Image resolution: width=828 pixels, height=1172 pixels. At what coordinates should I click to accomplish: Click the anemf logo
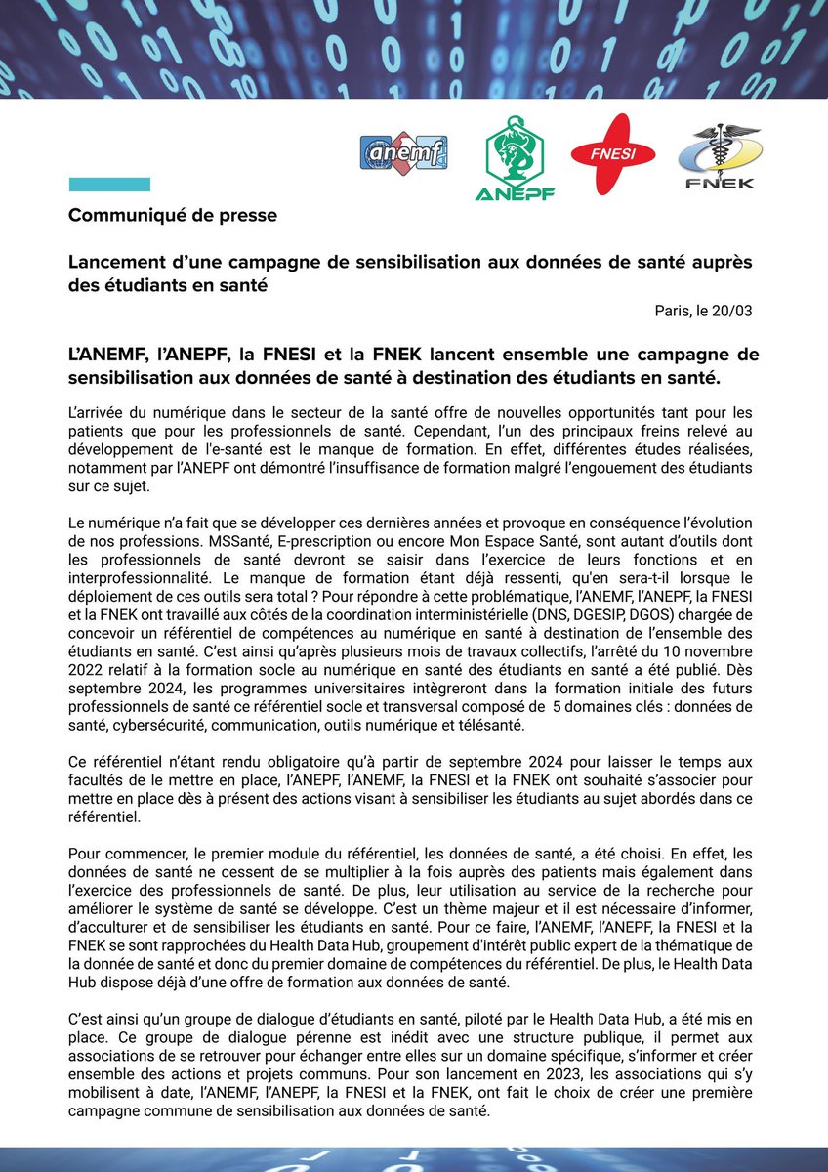tap(403, 155)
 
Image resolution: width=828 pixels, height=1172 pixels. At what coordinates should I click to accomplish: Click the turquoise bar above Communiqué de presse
tap(108, 184)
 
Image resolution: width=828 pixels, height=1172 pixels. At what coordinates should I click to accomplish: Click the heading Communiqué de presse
tap(172, 216)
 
